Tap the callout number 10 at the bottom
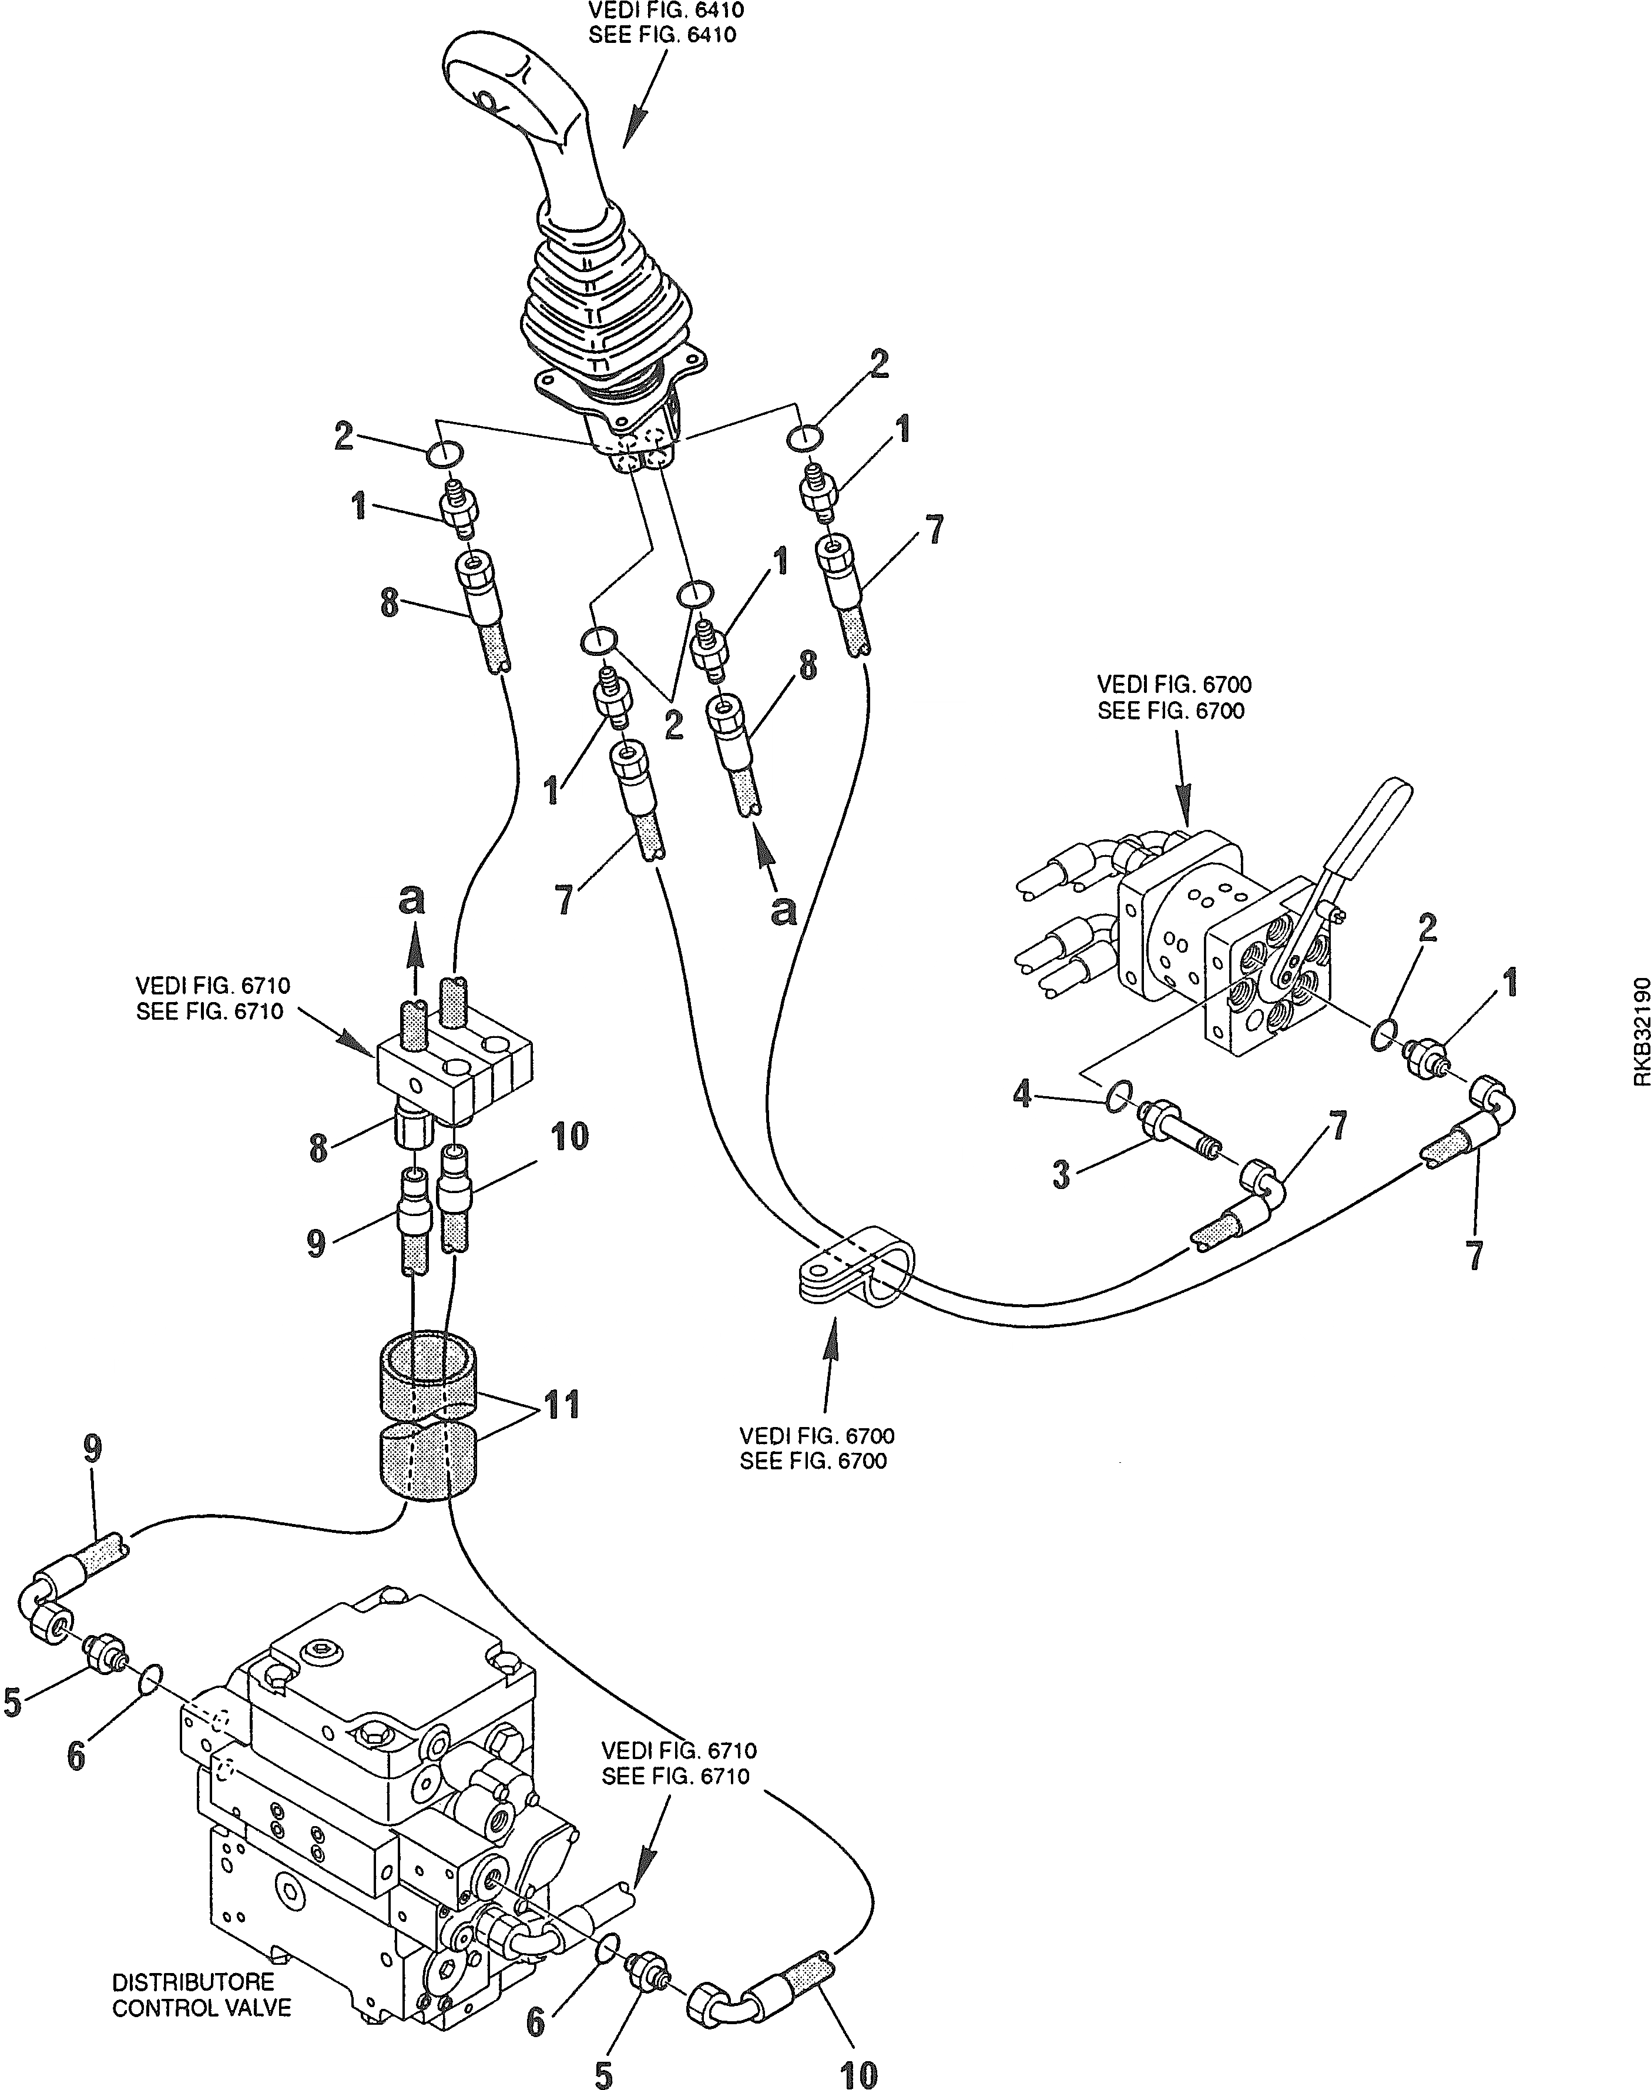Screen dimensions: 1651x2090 coord(858,2068)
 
